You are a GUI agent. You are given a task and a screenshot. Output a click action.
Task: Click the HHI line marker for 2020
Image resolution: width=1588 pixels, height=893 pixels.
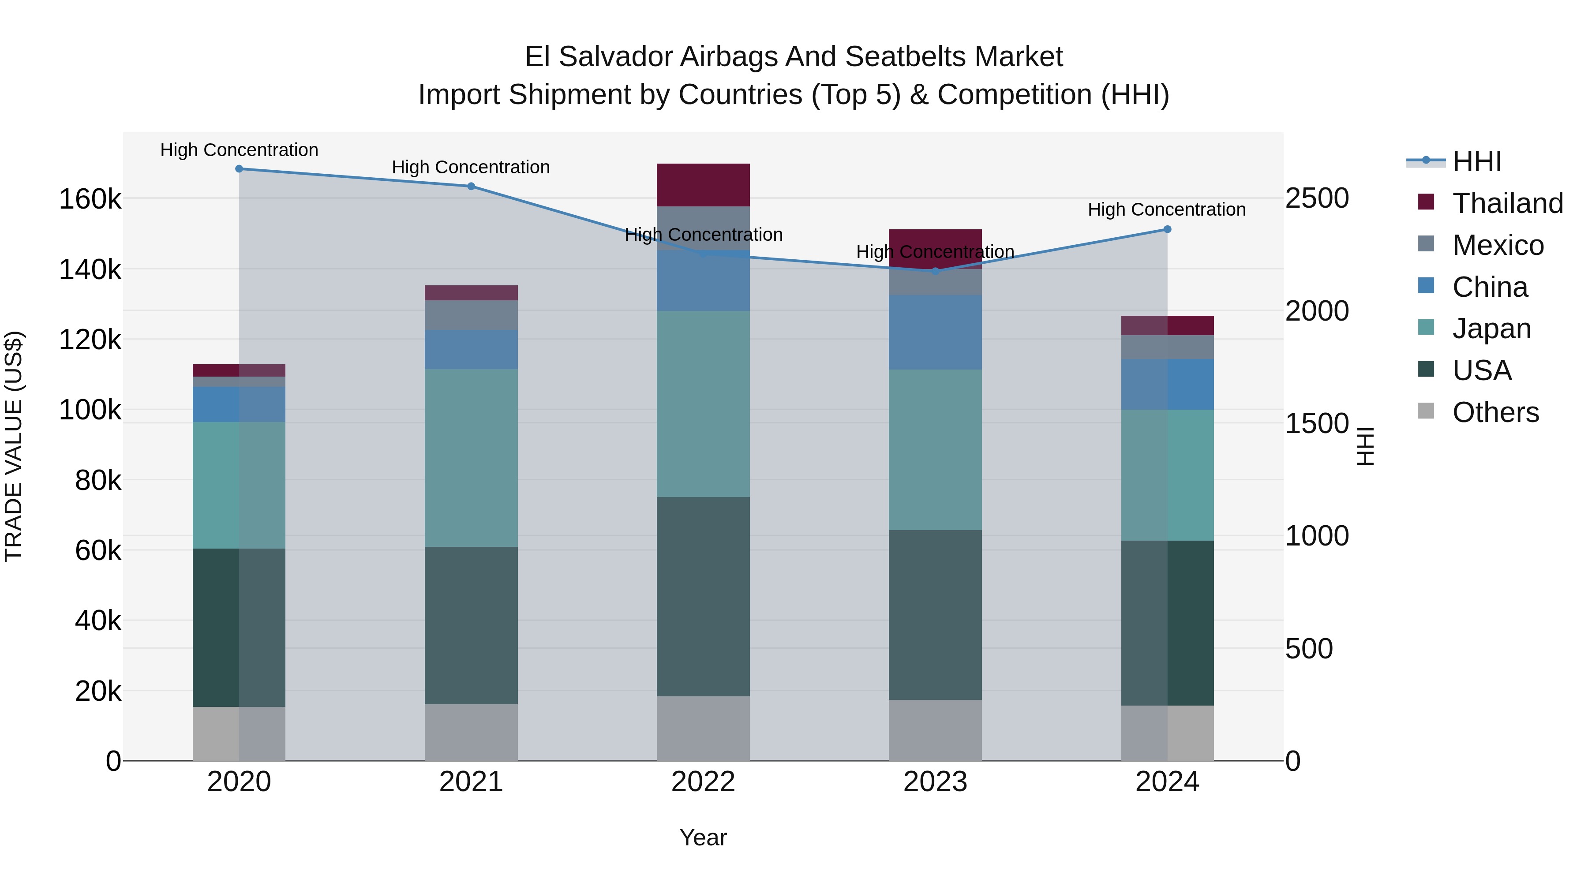point(239,169)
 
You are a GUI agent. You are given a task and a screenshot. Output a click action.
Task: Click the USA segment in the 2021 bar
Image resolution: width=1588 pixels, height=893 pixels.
point(471,625)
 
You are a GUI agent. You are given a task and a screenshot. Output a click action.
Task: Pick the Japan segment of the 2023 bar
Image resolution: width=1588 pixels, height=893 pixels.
point(935,450)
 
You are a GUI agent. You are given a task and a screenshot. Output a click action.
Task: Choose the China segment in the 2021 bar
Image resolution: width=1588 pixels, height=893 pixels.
point(471,349)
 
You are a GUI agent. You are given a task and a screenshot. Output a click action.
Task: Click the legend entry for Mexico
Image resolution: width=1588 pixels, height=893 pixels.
point(1498,245)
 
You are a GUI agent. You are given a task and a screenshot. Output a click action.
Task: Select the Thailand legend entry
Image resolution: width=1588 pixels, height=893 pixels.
point(1507,203)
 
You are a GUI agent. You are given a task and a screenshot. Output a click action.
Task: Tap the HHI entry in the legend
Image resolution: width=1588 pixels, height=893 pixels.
point(1476,161)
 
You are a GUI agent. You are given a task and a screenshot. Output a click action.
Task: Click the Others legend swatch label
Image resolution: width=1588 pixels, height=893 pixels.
point(1495,412)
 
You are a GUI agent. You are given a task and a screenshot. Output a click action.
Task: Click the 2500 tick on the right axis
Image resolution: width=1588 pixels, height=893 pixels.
point(1317,198)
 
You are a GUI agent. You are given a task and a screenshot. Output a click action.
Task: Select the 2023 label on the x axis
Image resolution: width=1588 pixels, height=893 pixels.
point(935,782)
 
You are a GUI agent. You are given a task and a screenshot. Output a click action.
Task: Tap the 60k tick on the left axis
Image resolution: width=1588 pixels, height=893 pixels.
point(98,550)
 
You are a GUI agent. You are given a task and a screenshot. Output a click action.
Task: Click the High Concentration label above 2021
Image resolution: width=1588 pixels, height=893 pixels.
point(471,167)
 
